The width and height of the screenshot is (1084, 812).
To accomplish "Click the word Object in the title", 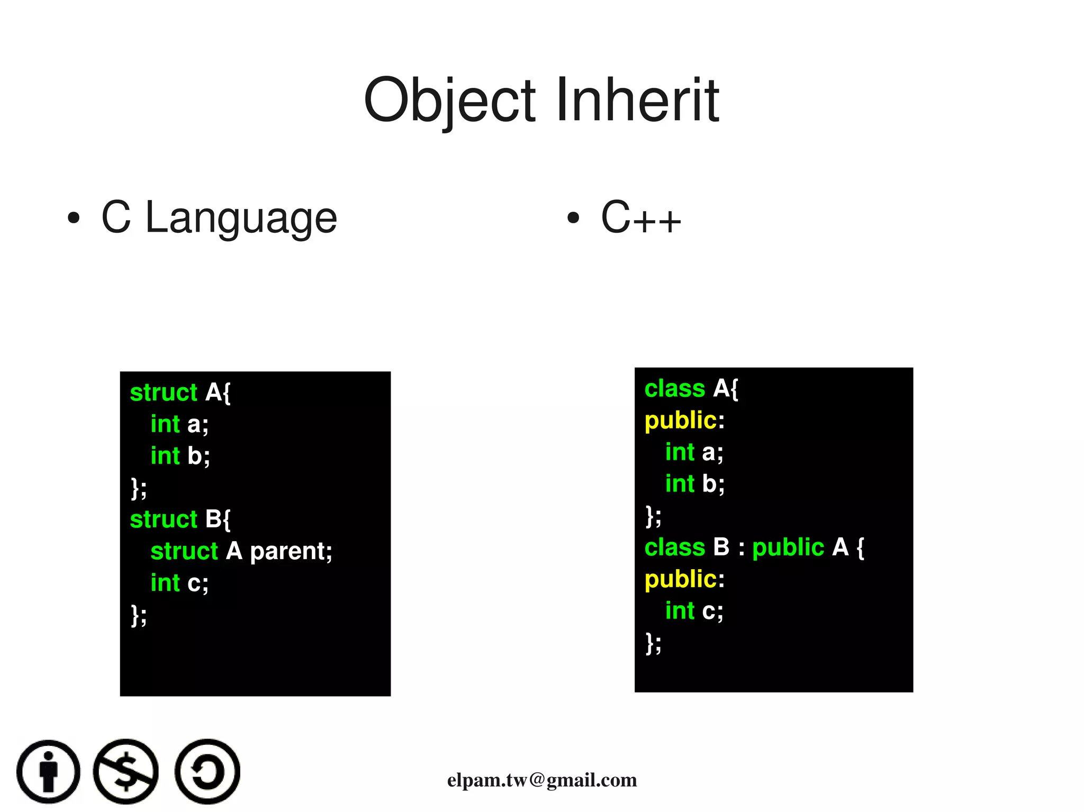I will [x=449, y=101].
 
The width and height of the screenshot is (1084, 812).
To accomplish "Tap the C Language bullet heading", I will [x=219, y=217].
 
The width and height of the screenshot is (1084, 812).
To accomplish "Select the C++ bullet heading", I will [x=640, y=217].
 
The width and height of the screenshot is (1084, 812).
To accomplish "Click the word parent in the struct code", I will [x=291, y=551].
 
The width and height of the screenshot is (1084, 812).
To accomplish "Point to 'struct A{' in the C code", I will [x=180, y=393].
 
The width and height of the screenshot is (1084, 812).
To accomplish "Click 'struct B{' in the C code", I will [x=180, y=519].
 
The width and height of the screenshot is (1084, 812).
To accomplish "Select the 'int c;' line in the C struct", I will [x=179, y=583].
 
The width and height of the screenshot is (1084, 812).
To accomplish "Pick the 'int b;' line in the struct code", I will [x=180, y=456].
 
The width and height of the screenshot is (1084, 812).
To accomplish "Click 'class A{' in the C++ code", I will [x=691, y=389].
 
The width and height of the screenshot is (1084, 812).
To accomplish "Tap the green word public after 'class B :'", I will [x=788, y=548].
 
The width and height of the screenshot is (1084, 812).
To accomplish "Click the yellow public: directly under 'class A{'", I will [x=684, y=421].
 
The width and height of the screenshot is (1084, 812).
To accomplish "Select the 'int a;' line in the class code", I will [x=694, y=452].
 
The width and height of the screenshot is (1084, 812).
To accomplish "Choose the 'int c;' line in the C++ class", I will [x=694, y=611].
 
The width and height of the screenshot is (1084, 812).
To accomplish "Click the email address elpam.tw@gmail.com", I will [x=541, y=780].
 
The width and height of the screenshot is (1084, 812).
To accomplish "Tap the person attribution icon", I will [x=49, y=772].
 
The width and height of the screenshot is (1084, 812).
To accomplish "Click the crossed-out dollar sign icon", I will [x=126, y=772].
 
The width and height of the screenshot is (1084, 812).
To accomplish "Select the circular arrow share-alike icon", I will [x=207, y=772].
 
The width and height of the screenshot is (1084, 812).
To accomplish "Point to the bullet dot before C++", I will [x=573, y=217].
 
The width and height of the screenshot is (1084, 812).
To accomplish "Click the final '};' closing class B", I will [x=653, y=643].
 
